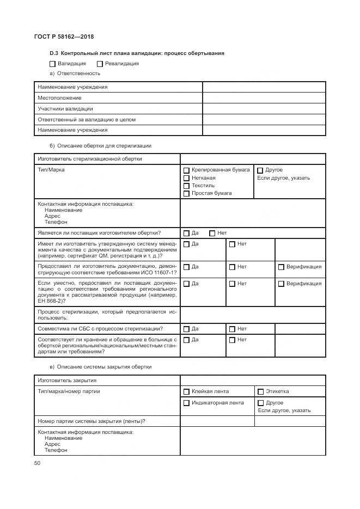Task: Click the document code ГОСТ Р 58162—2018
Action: (x=60, y=36)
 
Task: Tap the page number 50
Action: (x=37, y=463)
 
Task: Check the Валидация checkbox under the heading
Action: (x=53, y=64)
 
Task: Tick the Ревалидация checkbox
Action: (x=100, y=64)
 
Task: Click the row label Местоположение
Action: (x=59, y=98)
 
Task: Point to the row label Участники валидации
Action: (x=65, y=109)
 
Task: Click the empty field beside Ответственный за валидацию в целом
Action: (x=264, y=120)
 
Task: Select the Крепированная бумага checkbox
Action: (x=186, y=170)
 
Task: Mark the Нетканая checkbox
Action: (x=186, y=178)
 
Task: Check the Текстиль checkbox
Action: (x=186, y=186)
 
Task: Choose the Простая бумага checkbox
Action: (x=186, y=193)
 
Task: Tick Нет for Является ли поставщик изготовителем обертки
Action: (x=212, y=233)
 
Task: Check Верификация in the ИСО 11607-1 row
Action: (x=281, y=267)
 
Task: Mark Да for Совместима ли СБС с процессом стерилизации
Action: (x=186, y=329)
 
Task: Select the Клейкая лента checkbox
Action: (x=186, y=391)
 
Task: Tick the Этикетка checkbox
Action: (x=260, y=391)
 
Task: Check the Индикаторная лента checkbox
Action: (x=186, y=403)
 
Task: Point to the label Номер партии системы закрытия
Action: (x=90, y=421)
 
